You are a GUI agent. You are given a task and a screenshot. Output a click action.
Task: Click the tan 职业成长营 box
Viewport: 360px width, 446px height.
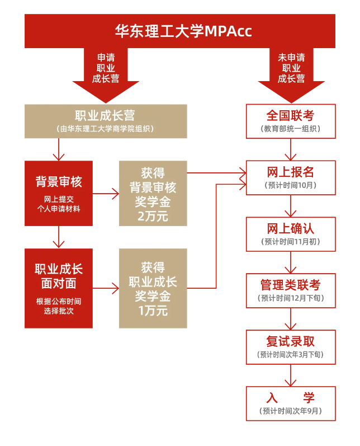(106, 121)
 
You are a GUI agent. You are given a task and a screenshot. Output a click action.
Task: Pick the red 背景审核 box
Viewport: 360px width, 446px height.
(59, 193)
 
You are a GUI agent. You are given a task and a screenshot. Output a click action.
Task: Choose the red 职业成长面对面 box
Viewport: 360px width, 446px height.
(59, 288)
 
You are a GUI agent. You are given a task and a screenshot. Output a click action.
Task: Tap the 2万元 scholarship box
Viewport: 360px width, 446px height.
(153, 193)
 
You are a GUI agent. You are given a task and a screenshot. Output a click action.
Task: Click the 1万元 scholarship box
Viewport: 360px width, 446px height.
(153, 288)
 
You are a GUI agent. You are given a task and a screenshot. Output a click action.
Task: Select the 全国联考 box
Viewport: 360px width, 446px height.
(291, 121)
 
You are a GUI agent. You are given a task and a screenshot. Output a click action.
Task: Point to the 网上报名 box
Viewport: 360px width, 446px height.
(291, 177)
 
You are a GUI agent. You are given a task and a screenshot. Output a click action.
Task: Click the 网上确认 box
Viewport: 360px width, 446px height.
(291, 234)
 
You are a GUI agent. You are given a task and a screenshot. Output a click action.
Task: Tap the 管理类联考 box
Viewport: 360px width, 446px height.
(291, 290)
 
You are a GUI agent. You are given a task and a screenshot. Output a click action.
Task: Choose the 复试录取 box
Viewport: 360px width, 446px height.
(291, 347)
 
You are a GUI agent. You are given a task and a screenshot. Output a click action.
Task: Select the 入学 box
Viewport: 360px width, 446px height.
(291, 403)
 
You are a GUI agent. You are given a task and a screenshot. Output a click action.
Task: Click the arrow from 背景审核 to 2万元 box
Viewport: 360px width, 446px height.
(106, 194)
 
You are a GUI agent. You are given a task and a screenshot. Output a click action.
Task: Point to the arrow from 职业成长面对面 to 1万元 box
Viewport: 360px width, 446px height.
(106, 289)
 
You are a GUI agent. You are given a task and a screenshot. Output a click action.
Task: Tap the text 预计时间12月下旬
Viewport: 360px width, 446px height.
(291, 298)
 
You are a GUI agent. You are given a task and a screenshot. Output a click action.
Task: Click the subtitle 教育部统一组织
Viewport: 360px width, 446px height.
(291, 129)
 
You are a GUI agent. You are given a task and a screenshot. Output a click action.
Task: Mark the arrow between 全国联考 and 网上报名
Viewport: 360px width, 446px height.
(291, 150)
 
